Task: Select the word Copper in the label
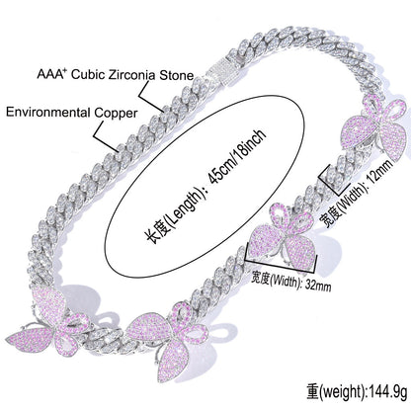[116, 113]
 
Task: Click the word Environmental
[48, 112]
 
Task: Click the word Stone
[177, 75]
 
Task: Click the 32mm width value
[318, 286]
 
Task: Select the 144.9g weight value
[387, 391]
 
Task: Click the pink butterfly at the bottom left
[50, 322]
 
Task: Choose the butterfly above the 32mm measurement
[283, 236]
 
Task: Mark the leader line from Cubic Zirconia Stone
[150, 96]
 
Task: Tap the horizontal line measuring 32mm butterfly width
[282, 264]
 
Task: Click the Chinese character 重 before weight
[312, 391]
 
